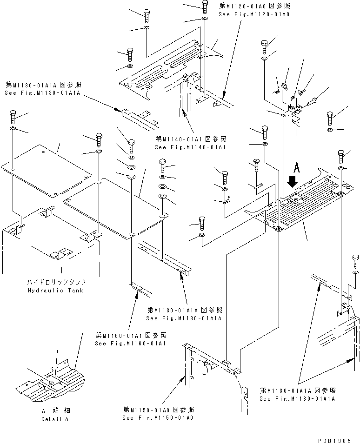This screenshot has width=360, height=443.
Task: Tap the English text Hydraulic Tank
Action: [61, 290]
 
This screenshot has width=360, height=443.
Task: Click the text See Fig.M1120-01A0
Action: [254, 14]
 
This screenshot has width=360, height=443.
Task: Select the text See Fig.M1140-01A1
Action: [190, 147]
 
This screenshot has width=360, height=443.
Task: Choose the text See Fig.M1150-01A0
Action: [158, 417]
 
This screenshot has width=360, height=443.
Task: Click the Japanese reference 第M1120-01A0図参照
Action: [254, 7]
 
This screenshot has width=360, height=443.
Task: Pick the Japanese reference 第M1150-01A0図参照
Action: [158, 410]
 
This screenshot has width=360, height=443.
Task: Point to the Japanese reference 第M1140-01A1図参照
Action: [191, 139]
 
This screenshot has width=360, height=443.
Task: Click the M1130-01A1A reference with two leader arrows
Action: [297, 395]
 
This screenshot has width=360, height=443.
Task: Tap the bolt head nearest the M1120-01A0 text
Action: [205, 6]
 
